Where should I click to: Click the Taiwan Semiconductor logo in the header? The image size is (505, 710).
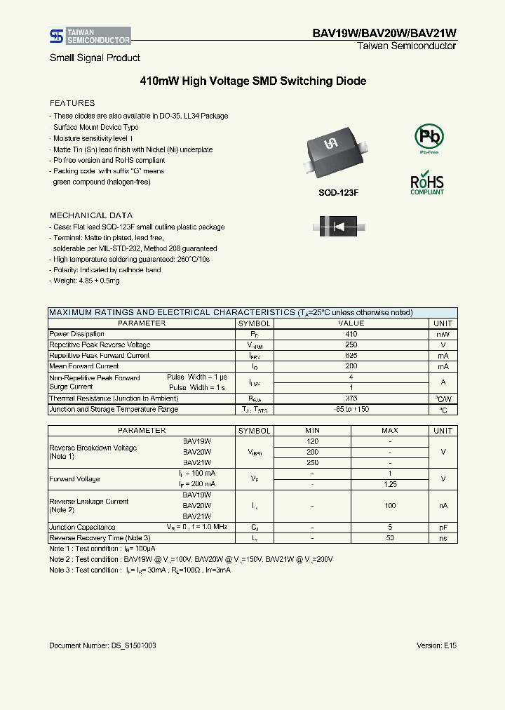[89, 36]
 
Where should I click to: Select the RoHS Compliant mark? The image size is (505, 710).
[427, 182]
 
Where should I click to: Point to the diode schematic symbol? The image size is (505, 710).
[339, 227]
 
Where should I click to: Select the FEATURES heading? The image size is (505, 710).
[72, 103]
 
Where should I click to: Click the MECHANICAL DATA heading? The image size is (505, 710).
[91, 215]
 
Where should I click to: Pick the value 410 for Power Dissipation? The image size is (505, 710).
[351, 335]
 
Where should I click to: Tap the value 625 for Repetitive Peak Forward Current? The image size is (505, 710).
[351, 356]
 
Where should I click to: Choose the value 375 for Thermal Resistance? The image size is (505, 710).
[351, 398]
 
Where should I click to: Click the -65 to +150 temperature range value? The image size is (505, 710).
[351, 409]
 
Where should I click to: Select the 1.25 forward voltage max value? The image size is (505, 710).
[391, 484]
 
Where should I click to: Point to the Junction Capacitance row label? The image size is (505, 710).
[82, 527]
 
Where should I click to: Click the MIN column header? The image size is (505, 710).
[313, 431]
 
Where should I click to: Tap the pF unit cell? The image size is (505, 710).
[443, 527]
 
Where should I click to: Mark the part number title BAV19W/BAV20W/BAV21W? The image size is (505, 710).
[384, 33]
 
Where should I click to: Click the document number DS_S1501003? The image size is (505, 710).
[103, 645]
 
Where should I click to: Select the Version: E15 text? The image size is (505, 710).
[436, 645]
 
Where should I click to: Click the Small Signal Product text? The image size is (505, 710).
[95, 58]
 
